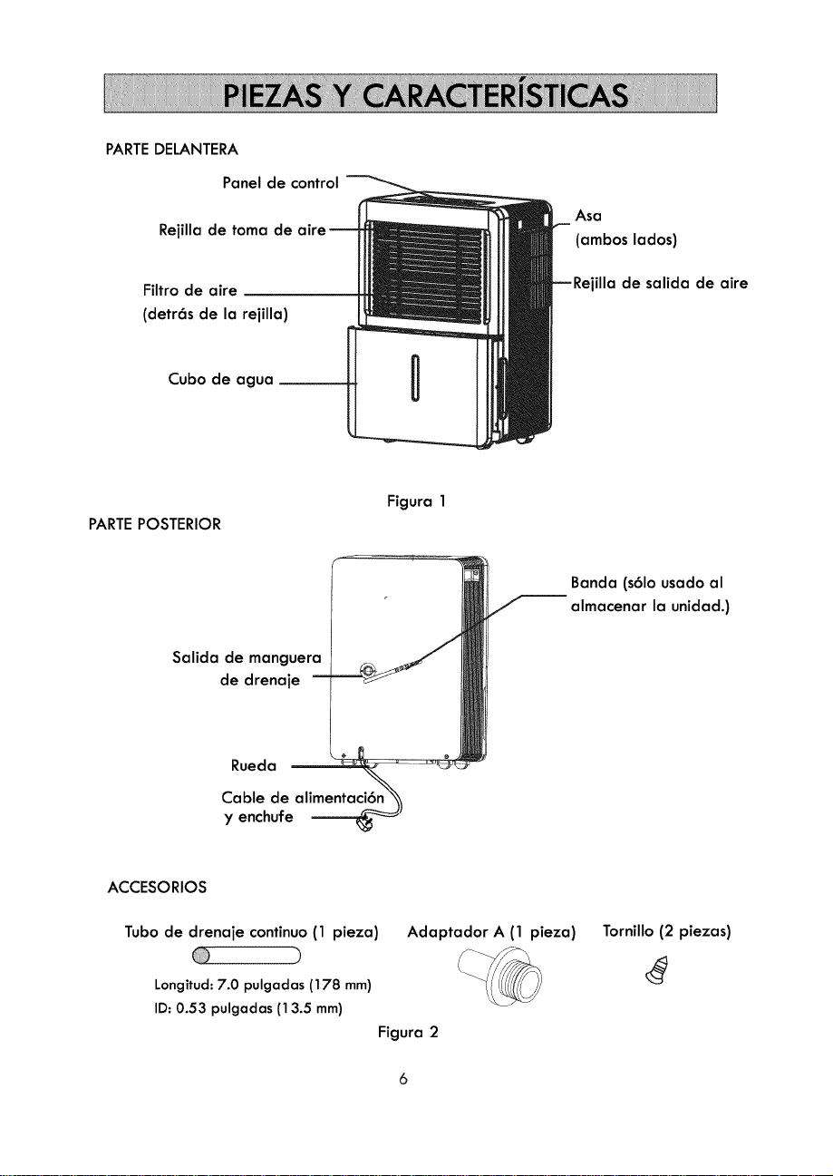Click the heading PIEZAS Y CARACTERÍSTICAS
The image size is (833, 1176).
tap(425, 95)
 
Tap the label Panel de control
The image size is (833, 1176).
tap(280, 182)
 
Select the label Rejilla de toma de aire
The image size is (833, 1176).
tap(242, 230)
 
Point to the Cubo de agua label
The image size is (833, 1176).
tap(220, 379)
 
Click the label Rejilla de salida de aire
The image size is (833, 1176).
tap(660, 284)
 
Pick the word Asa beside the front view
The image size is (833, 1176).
tap(588, 216)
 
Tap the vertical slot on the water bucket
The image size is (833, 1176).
tap(414, 377)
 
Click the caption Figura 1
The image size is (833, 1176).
tap(416, 501)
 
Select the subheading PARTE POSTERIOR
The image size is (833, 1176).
tap(155, 524)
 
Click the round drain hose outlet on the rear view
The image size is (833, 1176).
tap(367, 670)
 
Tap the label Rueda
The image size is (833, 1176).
tap(254, 766)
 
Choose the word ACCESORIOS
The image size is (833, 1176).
tap(157, 888)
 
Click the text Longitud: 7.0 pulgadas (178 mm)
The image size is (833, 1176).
tap(263, 985)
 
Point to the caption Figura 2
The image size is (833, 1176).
tap(408, 1032)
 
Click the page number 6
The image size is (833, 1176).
tap(403, 1079)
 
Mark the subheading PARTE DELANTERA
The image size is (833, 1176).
tap(171, 151)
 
